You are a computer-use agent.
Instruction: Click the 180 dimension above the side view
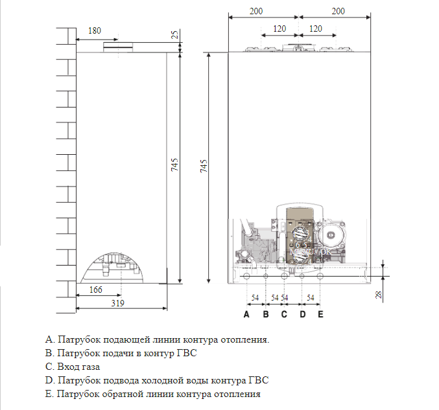pos(94,30)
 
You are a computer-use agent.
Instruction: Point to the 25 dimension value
pos(174,34)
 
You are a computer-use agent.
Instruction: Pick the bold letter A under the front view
pos(246,315)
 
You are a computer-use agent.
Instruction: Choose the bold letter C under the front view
pos(283,315)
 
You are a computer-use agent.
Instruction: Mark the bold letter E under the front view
pos(320,315)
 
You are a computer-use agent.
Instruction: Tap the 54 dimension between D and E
pos(311,297)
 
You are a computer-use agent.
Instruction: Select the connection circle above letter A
pos(246,277)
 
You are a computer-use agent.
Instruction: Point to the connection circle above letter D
pos(302,277)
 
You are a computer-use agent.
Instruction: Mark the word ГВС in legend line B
pos(186,353)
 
